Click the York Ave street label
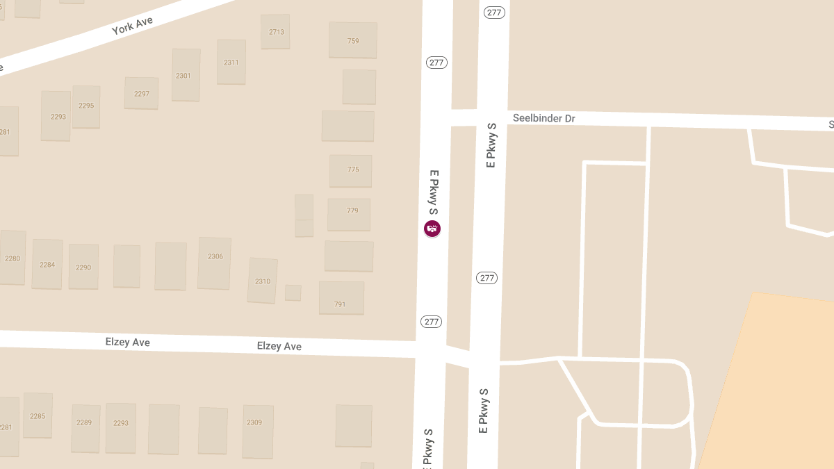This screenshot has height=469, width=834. tap(132, 26)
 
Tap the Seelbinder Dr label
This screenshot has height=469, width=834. tap(543, 119)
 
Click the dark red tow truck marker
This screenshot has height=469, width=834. tap(432, 228)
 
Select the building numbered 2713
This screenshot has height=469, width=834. tap(276, 32)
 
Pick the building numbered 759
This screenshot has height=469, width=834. tap(353, 41)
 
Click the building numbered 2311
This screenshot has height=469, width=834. tap(231, 63)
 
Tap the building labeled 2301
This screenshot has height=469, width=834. tap(186, 75)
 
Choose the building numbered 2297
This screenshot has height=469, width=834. tap(142, 94)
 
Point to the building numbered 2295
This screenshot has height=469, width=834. tap(86, 106)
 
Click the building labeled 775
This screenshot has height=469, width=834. tap(351, 170)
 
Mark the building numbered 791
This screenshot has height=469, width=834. tap(341, 299)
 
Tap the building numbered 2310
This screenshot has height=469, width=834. tap(263, 281)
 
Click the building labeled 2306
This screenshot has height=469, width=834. tap(215, 263)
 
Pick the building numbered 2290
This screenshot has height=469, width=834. tap(83, 267)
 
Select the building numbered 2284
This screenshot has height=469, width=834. tap(47, 264)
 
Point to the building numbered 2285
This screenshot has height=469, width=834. tap(38, 415)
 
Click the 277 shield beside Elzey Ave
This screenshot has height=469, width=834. tap(432, 322)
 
